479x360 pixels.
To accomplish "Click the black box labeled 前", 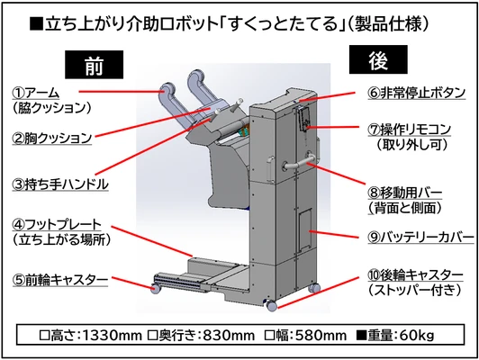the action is (x=94, y=65).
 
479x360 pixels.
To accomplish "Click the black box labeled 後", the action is (x=378, y=59).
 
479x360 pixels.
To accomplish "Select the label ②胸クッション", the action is (x=52, y=138).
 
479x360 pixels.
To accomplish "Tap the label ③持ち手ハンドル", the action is (x=60, y=184).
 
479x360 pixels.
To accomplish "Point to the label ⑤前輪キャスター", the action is (x=60, y=280).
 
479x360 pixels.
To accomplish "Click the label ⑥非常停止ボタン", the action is (x=417, y=93).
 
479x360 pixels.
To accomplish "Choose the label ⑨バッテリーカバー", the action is (x=421, y=238).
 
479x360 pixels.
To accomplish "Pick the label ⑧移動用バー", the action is (x=405, y=193).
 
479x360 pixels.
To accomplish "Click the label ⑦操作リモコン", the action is (x=410, y=130).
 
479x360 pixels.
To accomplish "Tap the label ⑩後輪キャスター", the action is (x=415, y=275).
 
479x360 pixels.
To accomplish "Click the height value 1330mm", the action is (x=113, y=336).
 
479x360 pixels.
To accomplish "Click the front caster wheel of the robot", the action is (x=156, y=289).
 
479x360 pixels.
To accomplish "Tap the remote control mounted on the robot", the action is (x=305, y=119).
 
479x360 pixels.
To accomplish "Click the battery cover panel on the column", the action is (x=305, y=229).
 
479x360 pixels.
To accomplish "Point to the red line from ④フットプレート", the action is (x=152, y=241).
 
